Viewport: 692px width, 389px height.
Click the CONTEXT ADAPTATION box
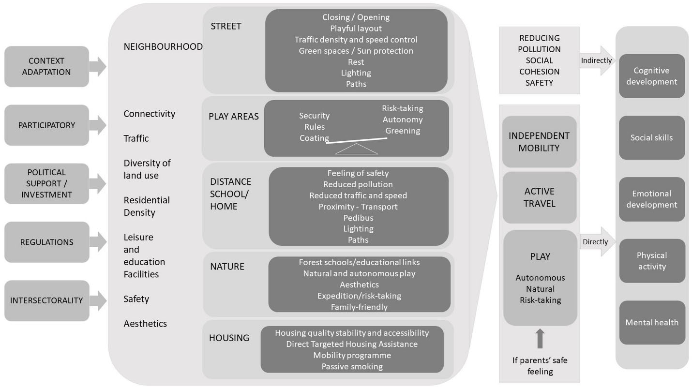point(46,67)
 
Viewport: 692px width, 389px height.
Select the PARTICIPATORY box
point(46,125)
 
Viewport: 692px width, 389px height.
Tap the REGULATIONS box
point(46,242)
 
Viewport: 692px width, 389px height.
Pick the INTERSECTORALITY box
point(46,300)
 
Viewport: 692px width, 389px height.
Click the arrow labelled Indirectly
point(597,61)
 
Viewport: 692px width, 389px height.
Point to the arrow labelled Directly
point(597,241)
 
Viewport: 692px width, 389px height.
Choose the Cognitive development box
point(651,76)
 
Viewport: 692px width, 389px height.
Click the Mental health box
point(651,322)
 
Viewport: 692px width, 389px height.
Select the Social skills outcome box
point(651,138)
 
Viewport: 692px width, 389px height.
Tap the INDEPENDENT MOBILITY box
point(539,142)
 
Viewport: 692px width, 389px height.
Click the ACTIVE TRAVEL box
point(539,197)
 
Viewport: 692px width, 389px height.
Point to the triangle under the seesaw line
point(357,149)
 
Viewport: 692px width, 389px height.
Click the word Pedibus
point(358,218)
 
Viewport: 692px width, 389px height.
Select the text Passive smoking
point(352,366)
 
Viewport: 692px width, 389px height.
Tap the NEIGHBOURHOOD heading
point(163,46)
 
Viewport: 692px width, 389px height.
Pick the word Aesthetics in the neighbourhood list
point(145,324)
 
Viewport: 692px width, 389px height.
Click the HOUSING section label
point(229,338)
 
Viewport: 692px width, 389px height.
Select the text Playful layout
point(356,29)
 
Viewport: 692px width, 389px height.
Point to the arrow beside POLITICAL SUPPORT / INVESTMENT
point(98,183)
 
